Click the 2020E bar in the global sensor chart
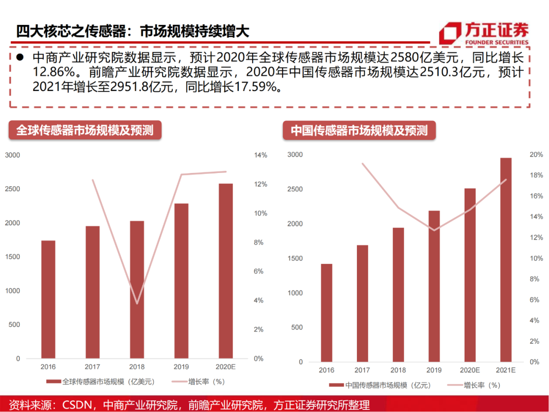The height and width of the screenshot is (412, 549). [x=225, y=271]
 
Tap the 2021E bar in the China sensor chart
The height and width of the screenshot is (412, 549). [x=506, y=259]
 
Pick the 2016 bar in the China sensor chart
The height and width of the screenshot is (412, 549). [x=326, y=312]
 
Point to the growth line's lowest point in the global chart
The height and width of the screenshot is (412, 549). [x=137, y=304]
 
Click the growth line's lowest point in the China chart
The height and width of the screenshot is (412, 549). [x=434, y=230]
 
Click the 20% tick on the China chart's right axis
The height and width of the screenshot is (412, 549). [x=536, y=155]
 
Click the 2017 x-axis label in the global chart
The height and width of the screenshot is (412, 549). [x=93, y=366]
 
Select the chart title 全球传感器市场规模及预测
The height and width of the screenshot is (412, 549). [x=84, y=130]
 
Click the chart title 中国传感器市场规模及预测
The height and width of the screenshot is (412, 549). [x=359, y=130]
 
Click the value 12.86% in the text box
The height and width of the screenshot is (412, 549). [x=53, y=72]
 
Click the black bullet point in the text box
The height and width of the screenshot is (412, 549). [x=20, y=57]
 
